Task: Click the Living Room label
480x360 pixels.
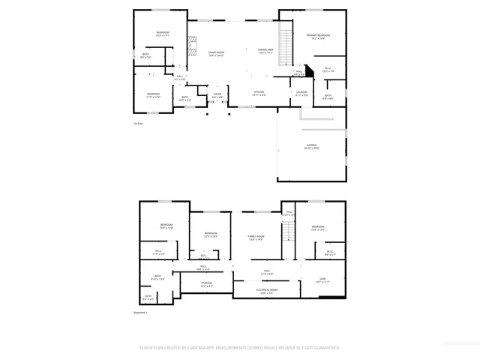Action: coord(217,52)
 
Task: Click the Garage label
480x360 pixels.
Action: coord(311,146)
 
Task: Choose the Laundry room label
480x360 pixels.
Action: coord(301,93)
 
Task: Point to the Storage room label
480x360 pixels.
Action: coord(206,284)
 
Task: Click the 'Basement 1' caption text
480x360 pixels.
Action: coord(141,312)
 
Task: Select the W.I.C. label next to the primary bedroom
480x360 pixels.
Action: coord(328,70)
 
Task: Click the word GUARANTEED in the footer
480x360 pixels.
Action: coord(324,347)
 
